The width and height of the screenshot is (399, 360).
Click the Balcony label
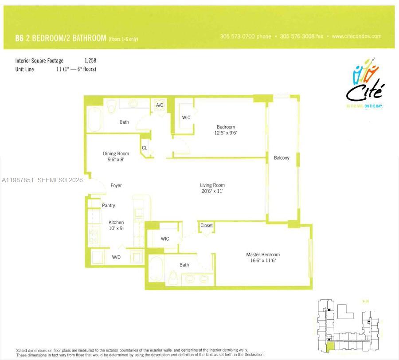click(282, 158)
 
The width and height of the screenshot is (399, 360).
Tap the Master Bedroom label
click(263, 254)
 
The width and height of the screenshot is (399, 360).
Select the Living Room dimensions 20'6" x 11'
click(212, 192)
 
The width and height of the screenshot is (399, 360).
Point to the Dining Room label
click(116, 154)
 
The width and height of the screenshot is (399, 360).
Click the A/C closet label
click(160, 105)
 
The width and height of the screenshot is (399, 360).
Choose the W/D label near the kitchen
click(116, 257)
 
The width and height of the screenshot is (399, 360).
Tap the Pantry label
click(109, 206)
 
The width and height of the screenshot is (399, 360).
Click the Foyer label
click(116, 185)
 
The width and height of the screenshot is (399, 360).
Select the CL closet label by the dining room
click(145, 148)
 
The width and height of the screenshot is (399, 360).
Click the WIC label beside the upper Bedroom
click(186, 117)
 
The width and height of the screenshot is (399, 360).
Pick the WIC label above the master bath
click(165, 239)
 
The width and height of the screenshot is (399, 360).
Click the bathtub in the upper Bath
click(95, 119)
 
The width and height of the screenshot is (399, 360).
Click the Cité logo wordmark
click(365, 91)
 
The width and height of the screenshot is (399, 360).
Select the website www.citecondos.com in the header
click(356, 37)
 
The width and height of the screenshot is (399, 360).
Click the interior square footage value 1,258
click(90, 60)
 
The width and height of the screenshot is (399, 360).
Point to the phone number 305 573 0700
click(245, 37)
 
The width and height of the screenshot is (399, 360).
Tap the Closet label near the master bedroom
click(207, 226)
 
